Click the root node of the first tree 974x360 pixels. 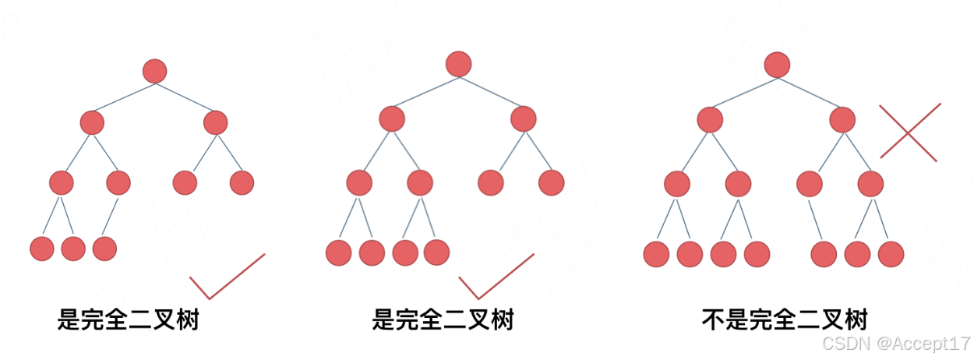[155, 71]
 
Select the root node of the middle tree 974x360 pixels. [458, 64]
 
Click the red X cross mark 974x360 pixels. [909, 132]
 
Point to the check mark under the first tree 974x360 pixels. [227, 277]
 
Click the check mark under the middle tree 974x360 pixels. [496, 277]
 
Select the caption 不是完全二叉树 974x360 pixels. [784, 319]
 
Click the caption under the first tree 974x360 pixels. [129, 319]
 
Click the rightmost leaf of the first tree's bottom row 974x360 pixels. [104, 249]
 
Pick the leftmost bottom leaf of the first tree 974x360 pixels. [42, 249]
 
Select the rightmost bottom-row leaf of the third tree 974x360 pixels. [891, 253]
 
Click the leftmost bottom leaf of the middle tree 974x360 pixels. [339, 252]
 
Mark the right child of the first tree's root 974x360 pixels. [215, 122]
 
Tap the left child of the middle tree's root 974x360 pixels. [392, 118]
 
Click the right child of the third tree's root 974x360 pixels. [842, 119]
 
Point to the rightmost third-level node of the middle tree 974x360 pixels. [551, 182]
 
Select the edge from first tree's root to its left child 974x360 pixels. [123, 97]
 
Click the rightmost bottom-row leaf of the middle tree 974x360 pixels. [436, 252]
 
